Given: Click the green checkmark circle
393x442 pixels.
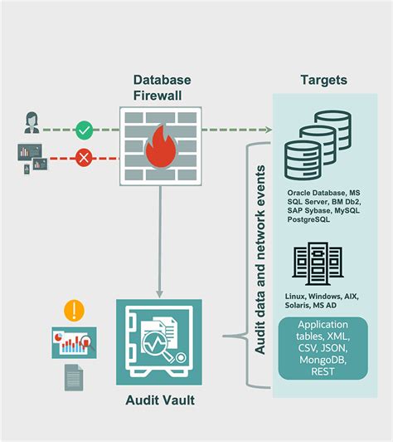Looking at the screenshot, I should click(83, 130).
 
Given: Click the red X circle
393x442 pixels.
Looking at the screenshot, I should click(83, 156).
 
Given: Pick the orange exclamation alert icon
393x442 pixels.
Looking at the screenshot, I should click(74, 312).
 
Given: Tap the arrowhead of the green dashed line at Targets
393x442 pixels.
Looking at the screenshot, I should click(269, 130).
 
